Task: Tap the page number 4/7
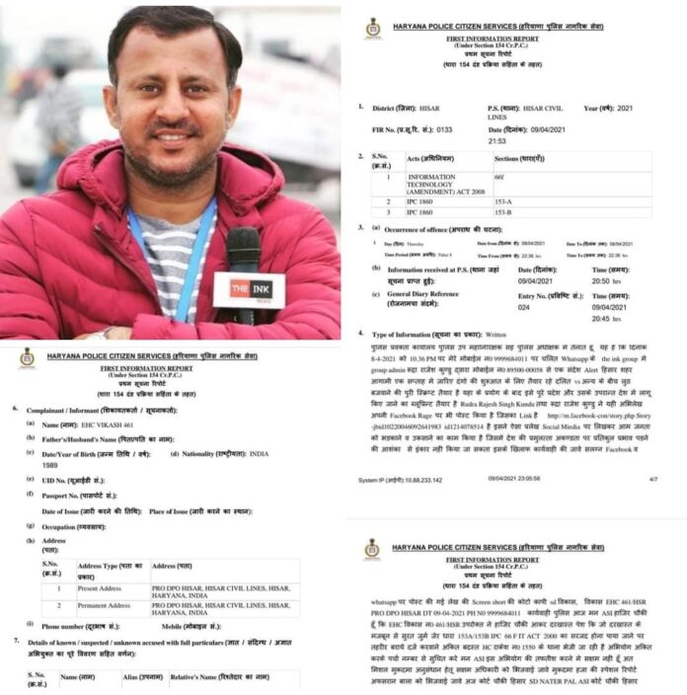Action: tap(652, 479)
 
